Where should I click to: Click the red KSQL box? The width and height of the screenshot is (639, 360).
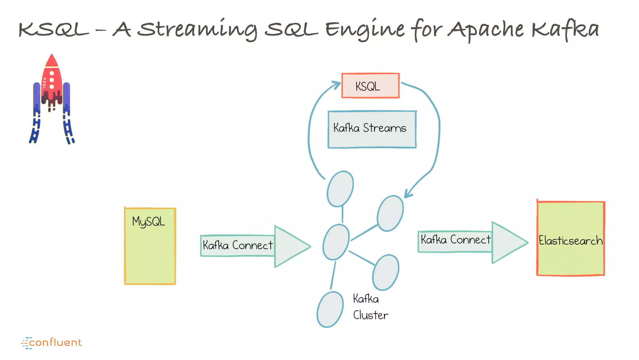point(370,86)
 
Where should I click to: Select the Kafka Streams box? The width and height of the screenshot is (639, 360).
point(372,129)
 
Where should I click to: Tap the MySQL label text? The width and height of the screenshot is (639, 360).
point(149,222)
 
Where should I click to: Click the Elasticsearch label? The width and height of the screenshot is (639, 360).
point(570,241)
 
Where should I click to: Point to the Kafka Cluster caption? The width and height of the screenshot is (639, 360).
point(370,307)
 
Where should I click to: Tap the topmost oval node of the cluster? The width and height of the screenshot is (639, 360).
point(340,189)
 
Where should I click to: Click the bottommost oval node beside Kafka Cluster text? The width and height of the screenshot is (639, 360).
point(330,309)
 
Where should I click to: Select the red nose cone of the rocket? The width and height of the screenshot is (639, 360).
point(52,61)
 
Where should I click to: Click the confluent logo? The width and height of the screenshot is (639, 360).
point(51,343)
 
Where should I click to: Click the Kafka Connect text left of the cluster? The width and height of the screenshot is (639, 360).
point(237,245)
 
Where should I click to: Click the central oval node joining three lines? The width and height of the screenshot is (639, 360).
point(336,242)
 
